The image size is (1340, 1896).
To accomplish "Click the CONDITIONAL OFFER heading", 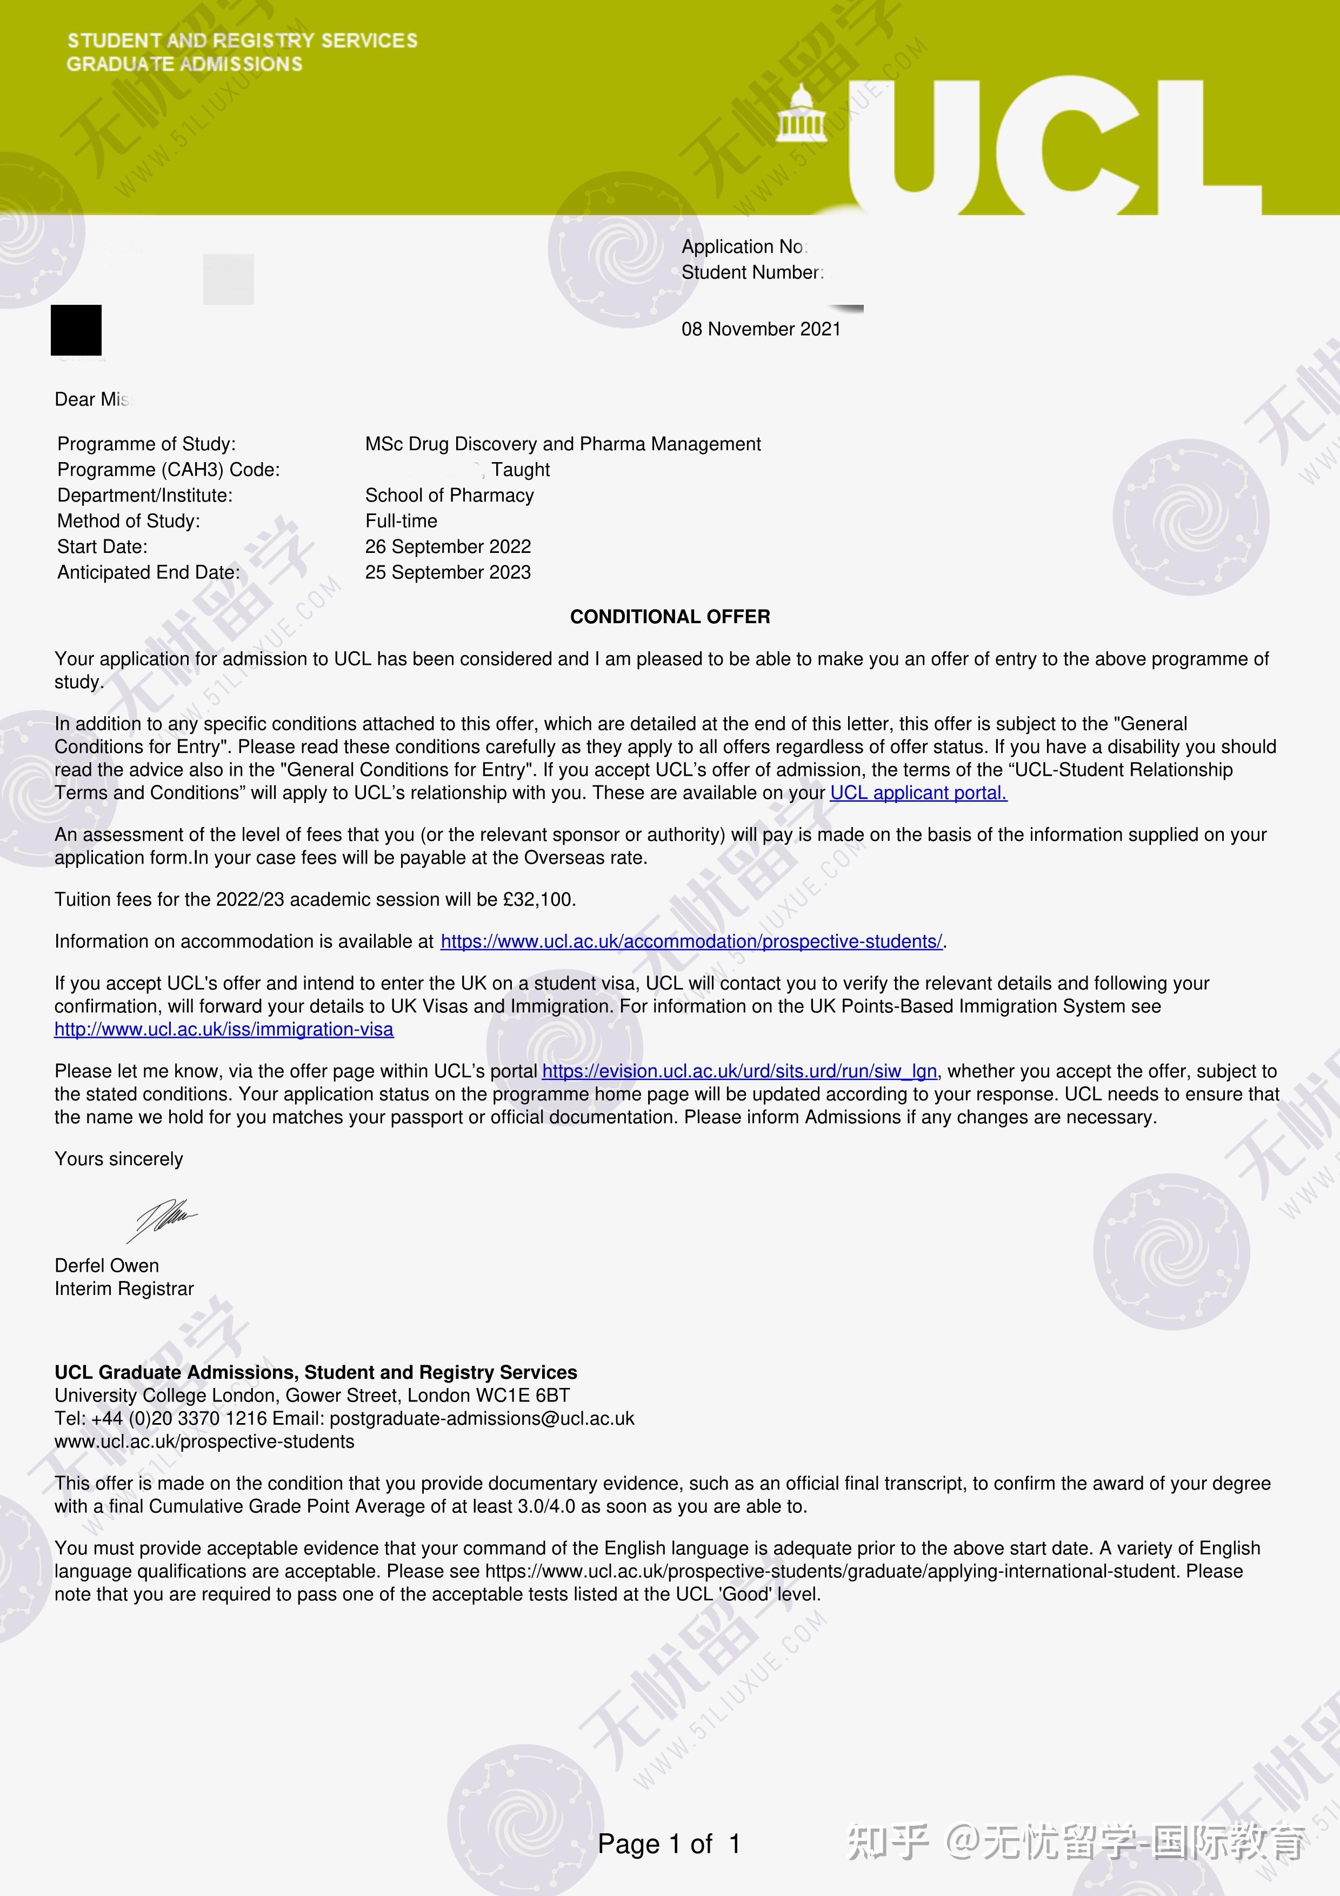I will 670,617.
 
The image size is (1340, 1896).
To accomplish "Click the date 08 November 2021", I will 761,329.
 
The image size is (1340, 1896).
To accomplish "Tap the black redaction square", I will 76,330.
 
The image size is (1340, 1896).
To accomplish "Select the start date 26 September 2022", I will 448,546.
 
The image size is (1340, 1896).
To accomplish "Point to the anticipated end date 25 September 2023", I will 448,572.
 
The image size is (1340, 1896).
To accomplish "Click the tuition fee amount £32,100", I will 538,899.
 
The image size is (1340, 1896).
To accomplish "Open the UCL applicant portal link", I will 918,793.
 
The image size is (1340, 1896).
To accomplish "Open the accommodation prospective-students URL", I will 691,942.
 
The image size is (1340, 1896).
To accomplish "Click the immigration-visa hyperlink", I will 224,1029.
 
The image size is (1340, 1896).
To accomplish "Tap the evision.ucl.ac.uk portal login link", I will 739,1071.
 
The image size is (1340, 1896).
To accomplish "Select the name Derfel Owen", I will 106,1265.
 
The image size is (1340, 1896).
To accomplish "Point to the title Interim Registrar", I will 124,1288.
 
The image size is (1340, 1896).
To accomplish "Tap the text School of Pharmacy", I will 449,496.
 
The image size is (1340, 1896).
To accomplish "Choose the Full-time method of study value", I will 401,521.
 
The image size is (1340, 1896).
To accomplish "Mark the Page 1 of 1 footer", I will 669,1844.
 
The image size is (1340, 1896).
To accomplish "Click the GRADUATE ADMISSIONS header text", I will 184,64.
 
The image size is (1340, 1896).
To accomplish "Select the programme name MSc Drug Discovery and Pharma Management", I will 562,444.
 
